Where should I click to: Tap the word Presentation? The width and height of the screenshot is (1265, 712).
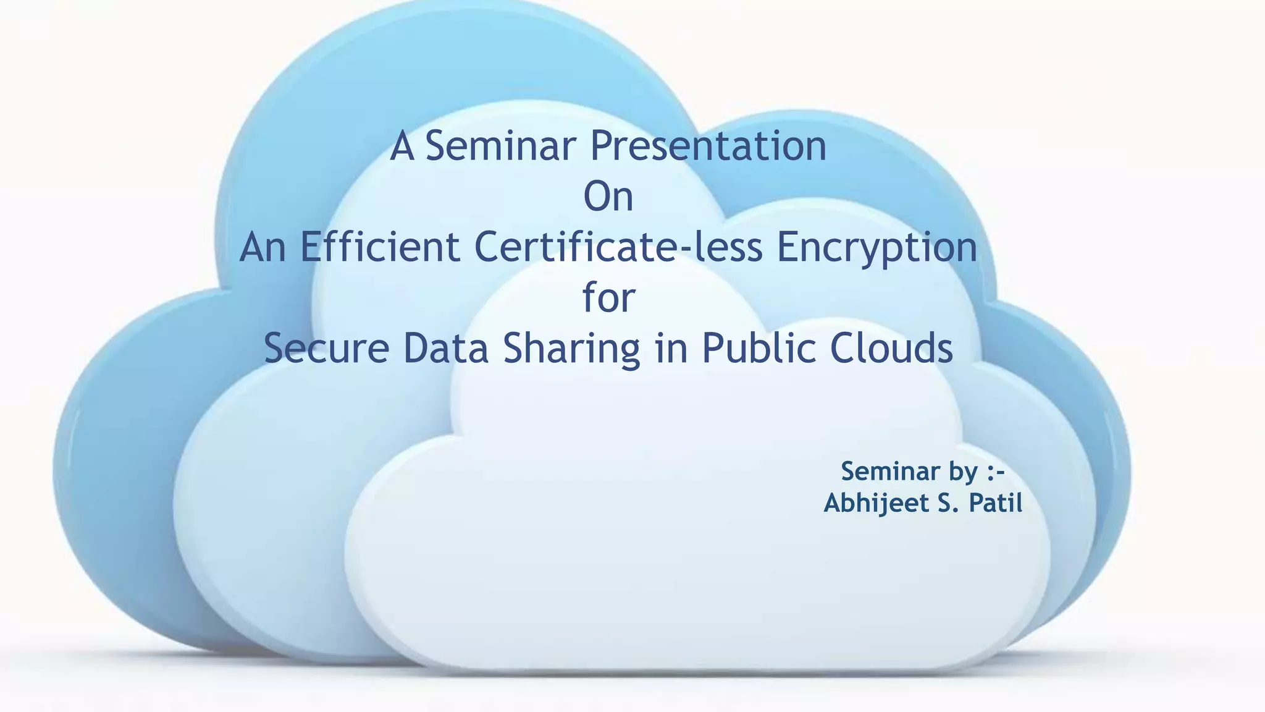pyautogui.click(x=708, y=146)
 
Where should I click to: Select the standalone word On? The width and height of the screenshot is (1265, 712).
pyautogui.click(x=608, y=197)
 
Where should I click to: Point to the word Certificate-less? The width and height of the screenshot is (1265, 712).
pyautogui.click(x=618, y=247)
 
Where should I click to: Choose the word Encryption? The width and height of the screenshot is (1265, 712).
pyautogui.click(x=876, y=248)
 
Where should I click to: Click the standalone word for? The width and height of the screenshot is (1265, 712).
pyautogui.click(x=609, y=297)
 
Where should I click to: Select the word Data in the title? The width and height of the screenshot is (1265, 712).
pyautogui.click(x=445, y=348)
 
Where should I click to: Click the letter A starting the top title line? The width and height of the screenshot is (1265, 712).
pyautogui.click(x=402, y=146)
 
